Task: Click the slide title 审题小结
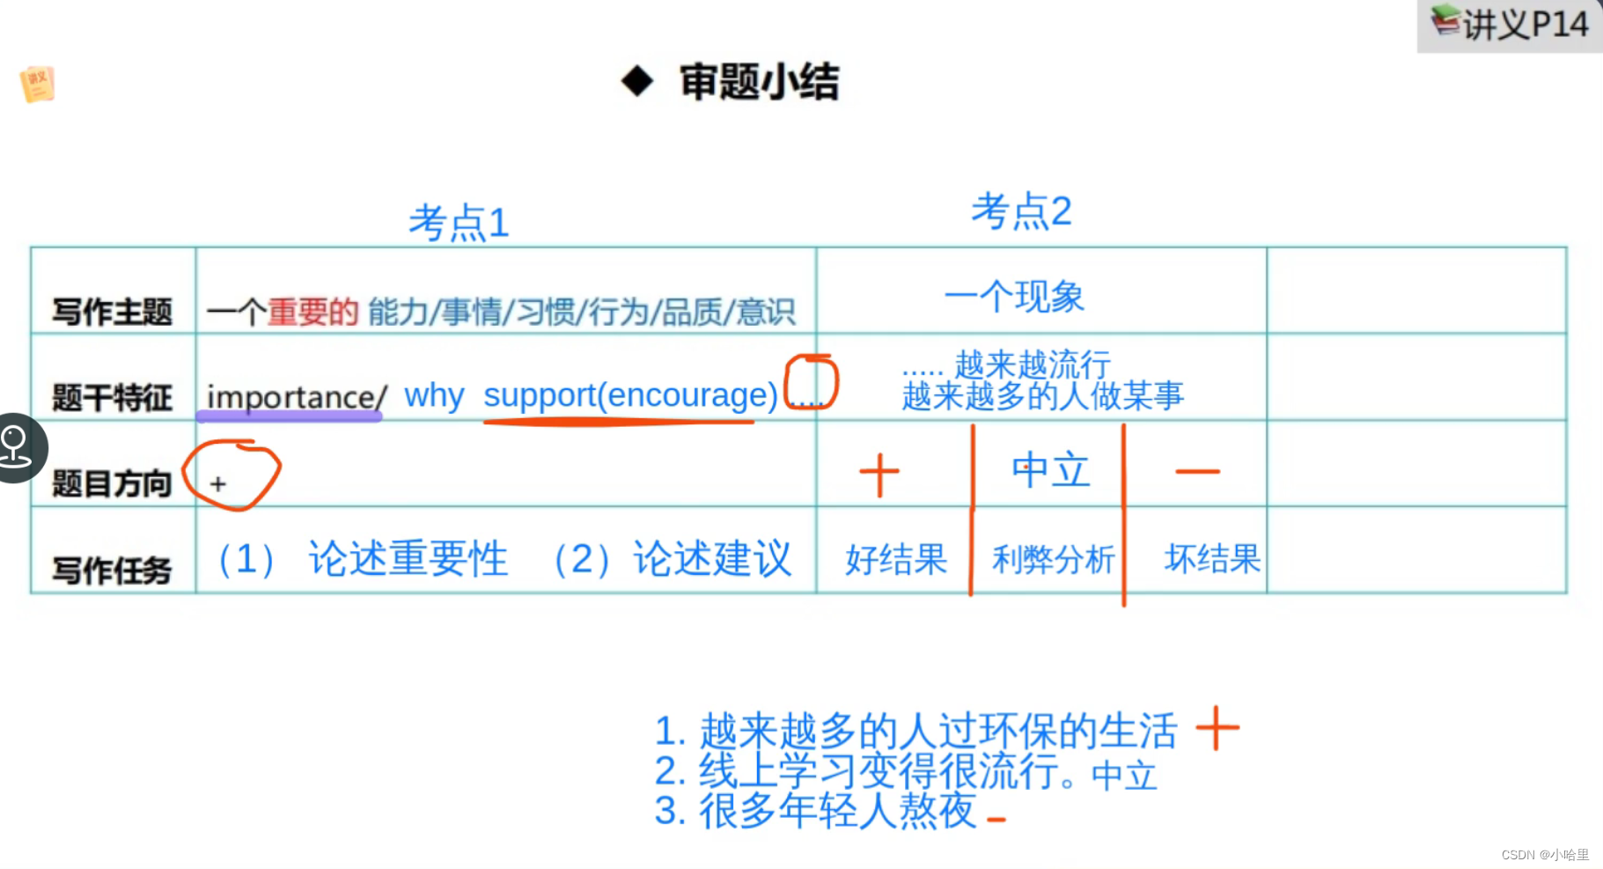pos(758,82)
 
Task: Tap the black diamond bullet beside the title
pos(636,82)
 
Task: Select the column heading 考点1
pos(459,223)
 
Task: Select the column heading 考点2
pos(1021,211)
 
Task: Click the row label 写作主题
pos(112,312)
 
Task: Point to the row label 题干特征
pos(112,397)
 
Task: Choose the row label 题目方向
pos(112,483)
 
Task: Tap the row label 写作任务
pos(112,570)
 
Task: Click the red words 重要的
pos(313,312)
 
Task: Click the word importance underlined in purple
pos(291,397)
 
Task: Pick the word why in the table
pos(434,395)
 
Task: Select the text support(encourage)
pos(630,395)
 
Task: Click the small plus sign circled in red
pos(218,483)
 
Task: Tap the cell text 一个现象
pos(1014,297)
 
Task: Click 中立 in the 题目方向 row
pos(1051,470)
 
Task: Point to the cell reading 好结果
pos(896,559)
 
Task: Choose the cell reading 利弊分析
pos(1053,559)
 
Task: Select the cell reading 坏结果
pos(1212,559)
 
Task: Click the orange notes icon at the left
pos(37,84)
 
